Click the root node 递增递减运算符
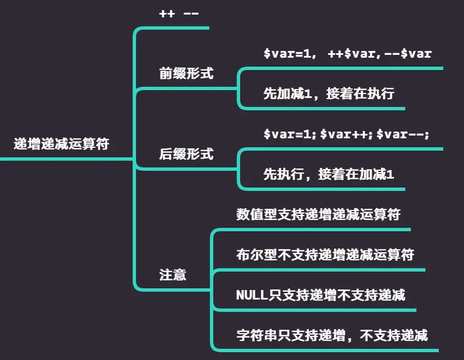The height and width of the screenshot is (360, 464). tap(62, 144)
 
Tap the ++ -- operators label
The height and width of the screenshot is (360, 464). tap(179, 13)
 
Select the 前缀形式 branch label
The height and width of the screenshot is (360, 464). tap(186, 73)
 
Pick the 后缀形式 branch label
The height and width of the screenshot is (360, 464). tap(186, 154)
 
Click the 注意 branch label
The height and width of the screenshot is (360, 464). tap(173, 275)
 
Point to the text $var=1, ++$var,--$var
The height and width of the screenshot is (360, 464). tap(347, 54)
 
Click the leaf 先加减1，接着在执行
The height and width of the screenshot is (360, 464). tap(329, 93)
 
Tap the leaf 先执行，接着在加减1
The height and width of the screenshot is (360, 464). tap(329, 174)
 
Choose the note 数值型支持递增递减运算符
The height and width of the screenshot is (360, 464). tap(318, 214)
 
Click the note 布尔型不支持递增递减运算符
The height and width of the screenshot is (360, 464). tap(325, 255)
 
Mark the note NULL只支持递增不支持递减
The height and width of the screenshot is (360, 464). tap(321, 294)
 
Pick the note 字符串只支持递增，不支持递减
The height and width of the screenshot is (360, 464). tap(332, 335)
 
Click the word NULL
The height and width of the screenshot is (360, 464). tap(252, 294)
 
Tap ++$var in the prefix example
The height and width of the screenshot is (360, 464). tap(348, 54)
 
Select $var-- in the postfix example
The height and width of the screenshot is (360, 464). tap(401, 135)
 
